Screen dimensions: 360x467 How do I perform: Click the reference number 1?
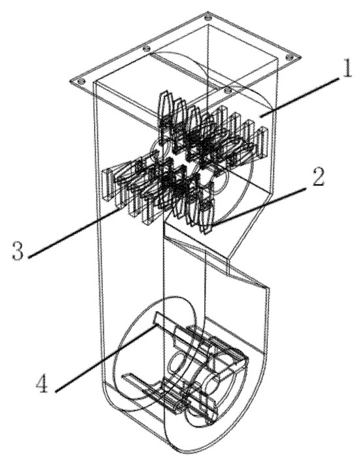click(x=347, y=68)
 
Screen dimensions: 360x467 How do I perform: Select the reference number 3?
click(x=18, y=251)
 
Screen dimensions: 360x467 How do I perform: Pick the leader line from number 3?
click(x=75, y=233)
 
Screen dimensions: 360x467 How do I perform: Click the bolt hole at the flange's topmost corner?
click(x=208, y=16)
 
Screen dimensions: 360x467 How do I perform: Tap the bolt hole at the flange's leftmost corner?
click(x=81, y=81)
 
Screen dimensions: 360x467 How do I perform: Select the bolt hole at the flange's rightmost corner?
click(x=289, y=57)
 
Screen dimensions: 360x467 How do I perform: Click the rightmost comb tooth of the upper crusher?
click(x=262, y=142)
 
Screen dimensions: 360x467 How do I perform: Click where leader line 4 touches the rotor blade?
click(x=154, y=326)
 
